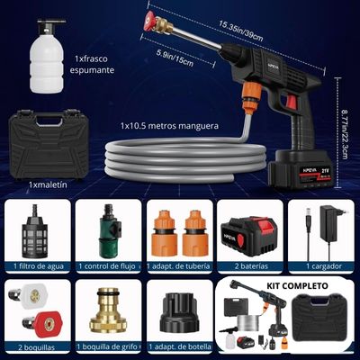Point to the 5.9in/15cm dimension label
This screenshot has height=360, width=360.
point(175,58)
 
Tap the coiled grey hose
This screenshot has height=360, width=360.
point(186,159)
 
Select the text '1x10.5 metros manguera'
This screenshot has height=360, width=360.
point(169,126)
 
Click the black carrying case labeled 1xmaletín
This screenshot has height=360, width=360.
point(48,145)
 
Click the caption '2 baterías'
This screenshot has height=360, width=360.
point(252,265)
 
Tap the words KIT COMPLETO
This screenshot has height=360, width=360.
point(297,285)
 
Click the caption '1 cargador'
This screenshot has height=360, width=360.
point(324,266)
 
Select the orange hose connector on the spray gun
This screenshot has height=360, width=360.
point(250,97)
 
